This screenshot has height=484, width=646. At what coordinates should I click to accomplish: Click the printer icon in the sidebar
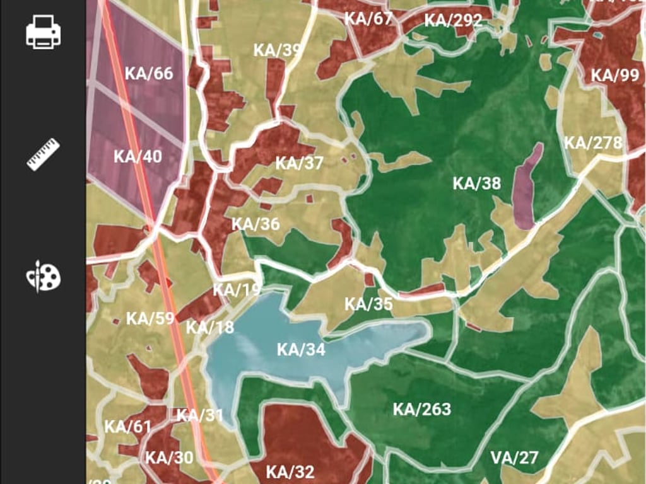(x=43, y=32)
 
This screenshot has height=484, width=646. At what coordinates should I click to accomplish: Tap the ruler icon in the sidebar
(x=43, y=154)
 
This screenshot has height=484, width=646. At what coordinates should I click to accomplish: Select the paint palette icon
(x=43, y=276)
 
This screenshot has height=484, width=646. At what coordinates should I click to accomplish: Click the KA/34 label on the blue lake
(x=301, y=349)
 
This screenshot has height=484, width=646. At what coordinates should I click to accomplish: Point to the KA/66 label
(x=149, y=73)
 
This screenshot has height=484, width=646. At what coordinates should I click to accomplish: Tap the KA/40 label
(x=138, y=156)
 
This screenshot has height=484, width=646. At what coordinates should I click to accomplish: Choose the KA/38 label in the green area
(x=477, y=183)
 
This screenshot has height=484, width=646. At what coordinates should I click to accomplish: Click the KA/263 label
(x=422, y=410)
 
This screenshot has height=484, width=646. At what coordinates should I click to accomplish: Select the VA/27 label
(x=514, y=458)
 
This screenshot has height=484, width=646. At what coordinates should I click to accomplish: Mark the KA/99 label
(x=615, y=76)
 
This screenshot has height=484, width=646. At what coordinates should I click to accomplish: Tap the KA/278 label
(x=593, y=142)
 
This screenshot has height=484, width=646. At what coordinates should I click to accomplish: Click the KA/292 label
(x=453, y=20)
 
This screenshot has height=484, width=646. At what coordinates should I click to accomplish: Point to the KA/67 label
(x=368, y=18)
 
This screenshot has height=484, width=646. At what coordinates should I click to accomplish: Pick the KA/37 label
(x=300, y=163)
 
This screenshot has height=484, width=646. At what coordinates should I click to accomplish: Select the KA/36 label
(x=255, y=224)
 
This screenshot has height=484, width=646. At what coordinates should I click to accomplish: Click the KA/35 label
(x=368, y=304)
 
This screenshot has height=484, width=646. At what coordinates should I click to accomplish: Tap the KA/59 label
(x=150, y=318)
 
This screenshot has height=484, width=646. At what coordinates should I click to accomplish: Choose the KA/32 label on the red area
(x=290, y=471)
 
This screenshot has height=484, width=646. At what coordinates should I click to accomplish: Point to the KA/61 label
(x=128, y=427)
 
